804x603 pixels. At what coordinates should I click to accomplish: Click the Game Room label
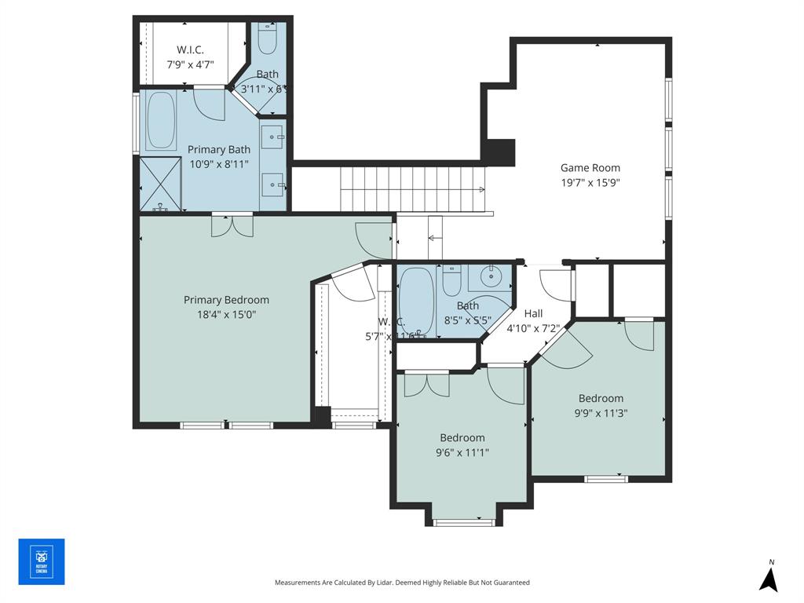point(590,167)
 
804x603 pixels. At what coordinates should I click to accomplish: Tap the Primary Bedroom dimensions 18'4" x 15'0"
point(226,314)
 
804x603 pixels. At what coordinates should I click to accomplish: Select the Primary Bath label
point(218,149)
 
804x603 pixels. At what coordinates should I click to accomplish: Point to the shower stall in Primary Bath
point(160,185)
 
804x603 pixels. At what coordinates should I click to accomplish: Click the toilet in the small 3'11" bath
point(267,39)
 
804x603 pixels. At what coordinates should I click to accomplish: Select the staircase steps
point(412,188)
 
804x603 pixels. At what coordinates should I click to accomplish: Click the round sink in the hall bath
point(492,276)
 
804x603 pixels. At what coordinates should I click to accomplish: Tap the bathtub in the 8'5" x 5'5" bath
point(416,302)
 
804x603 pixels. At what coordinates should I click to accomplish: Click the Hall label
point(533,313)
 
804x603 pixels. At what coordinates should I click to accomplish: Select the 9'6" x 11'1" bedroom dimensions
point(462,452)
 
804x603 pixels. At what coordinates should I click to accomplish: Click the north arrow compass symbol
point(769,578)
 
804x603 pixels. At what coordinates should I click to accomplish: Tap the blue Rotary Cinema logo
point(42,562)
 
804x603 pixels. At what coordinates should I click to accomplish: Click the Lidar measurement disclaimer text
point(402,583)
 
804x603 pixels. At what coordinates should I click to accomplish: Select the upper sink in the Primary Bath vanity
point(273,137)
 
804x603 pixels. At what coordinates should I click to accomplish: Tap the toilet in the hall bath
point(451,280)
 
